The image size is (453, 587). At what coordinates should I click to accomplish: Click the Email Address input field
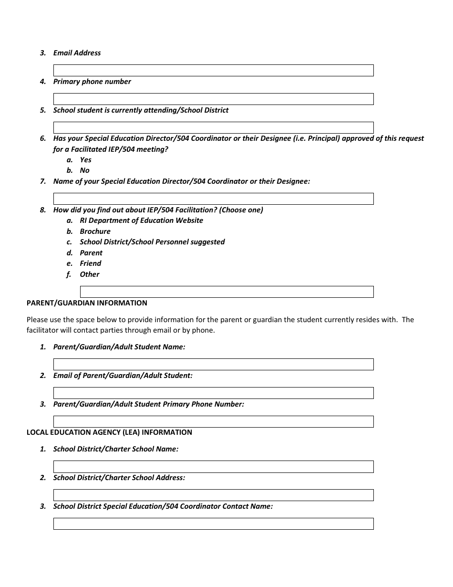pyautogui.click(x=213, y=71)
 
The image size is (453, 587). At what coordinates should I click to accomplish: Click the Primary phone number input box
pyautogui.click(x=213, y=99)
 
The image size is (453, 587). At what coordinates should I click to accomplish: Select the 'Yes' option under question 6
pyautogui.click(x=85, y=160)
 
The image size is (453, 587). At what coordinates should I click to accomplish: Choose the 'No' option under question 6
pyautogui.click(x=84, y=170)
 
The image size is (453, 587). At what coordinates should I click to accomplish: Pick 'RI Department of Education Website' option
pyautogui.click(x=141, y=220)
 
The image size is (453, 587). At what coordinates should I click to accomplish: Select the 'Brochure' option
pyautogui.click(x=95, y=231)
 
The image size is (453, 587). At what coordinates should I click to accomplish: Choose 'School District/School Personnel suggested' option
pyautogui.click(x=152, y=242)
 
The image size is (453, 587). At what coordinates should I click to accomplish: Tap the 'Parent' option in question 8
pyautogui.click(x=91, y=253)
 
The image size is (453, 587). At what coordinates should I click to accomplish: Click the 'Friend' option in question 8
pyautogui.click(x=91, y=263)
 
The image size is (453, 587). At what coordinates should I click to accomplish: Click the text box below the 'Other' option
pyautogui.click(x=226, y=292)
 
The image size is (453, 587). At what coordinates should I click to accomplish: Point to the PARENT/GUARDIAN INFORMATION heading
pyautogui.click(x=87, y=303)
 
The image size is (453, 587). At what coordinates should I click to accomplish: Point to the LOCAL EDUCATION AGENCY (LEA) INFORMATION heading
pyautogui.click(x=109, y=432)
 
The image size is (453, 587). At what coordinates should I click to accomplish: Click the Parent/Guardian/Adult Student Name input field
pyautogui.click(x=213, y=365)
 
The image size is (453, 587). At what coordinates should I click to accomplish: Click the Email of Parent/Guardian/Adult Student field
pyautogui.click(x=213, y=393)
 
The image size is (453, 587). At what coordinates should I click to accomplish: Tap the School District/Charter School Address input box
pyautogui.click(x=213, y=495)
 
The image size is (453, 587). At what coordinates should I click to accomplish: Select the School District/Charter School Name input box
pyautogui.click(x=213, y=467)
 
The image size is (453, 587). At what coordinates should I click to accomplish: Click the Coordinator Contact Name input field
pyautogui.click(x=213, y=524)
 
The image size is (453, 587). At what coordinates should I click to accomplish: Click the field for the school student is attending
pyautogui.click(x=213, y=128)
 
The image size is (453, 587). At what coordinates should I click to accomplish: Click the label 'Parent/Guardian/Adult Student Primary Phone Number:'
pyautogui.click(x=148, y=404)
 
